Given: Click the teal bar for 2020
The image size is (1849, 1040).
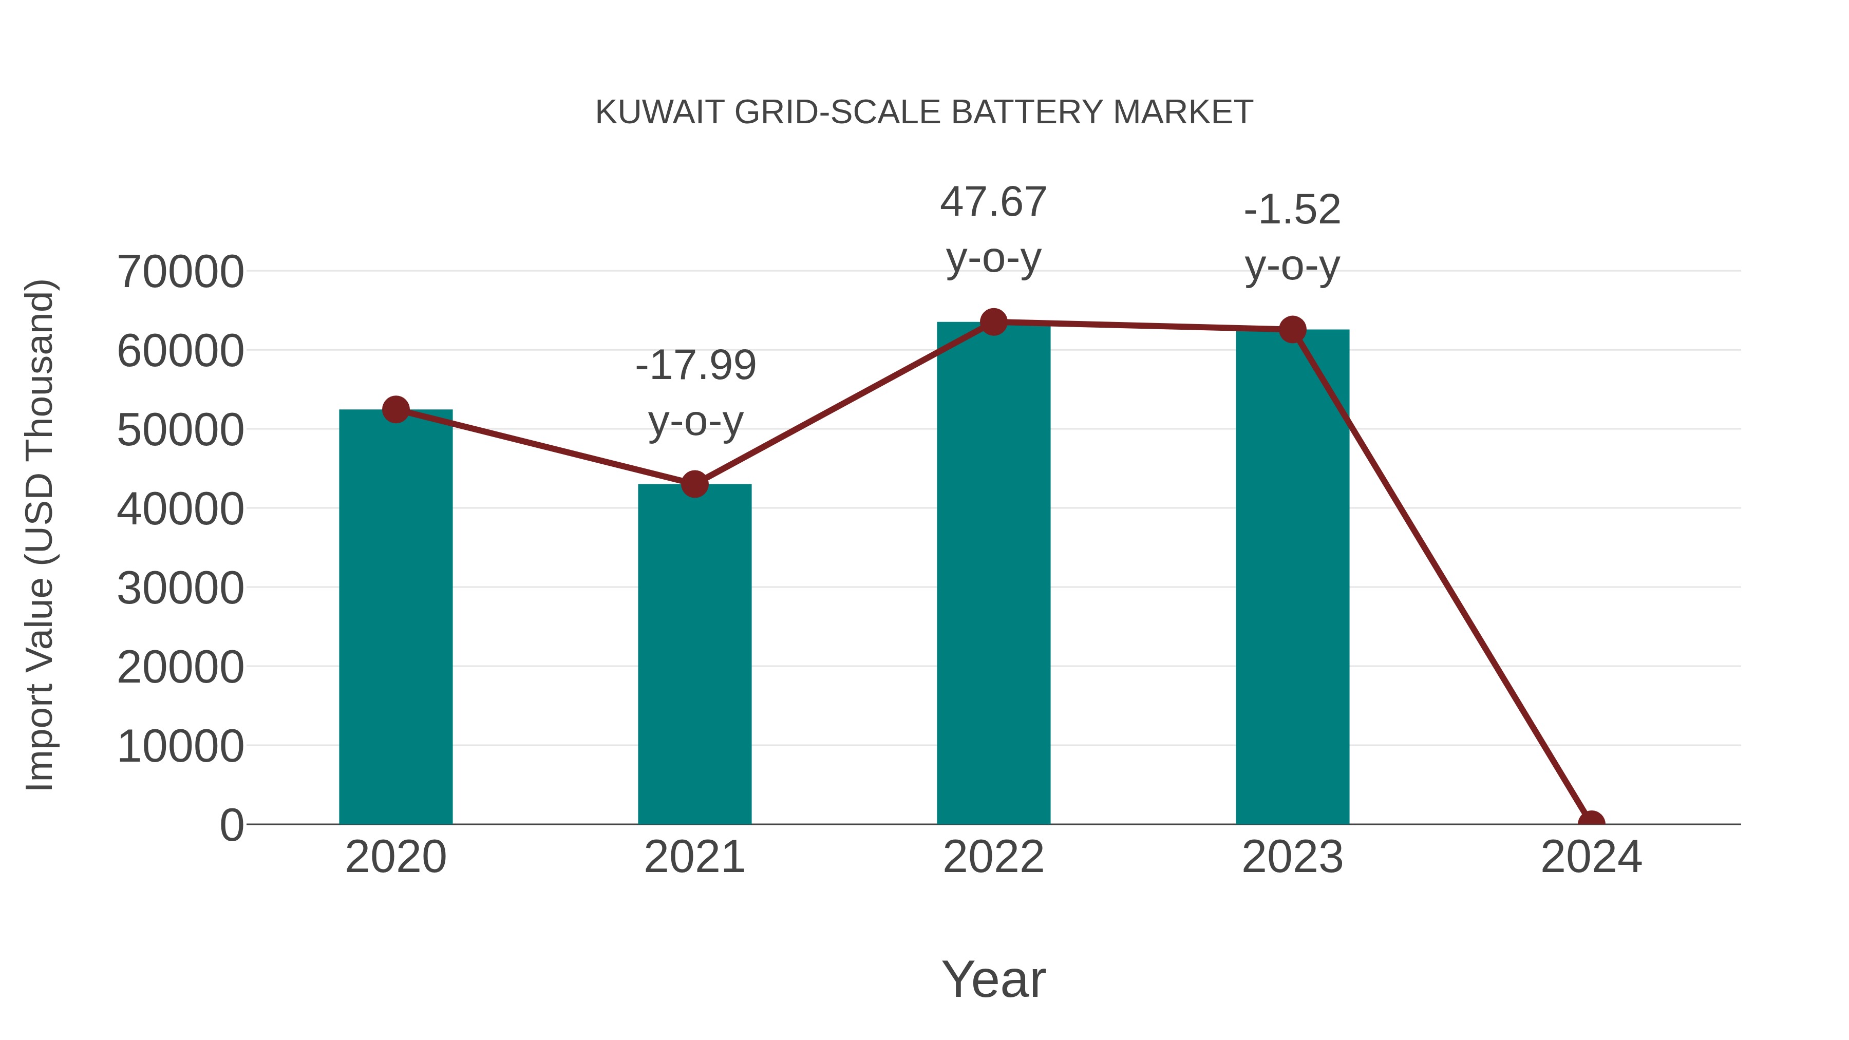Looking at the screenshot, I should pos(395,617).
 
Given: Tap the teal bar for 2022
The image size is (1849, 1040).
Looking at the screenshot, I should pos(993,574).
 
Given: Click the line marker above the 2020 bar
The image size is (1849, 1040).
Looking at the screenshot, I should pos(395,410).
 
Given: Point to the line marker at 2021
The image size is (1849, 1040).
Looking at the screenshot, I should pos(694,484).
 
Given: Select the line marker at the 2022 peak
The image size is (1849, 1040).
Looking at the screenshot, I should pos(993,322).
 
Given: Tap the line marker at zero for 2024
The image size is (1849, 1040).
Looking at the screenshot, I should pos(1591,823).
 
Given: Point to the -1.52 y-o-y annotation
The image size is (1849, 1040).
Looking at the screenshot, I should pos(1292,238).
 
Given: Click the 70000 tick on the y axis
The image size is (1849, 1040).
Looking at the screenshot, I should pos(180,272).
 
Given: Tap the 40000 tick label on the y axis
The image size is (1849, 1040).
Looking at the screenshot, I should pos(180,509).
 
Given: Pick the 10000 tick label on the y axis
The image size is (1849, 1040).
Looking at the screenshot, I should pos(180,746).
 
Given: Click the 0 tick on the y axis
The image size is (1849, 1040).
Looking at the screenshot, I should pos(232,825).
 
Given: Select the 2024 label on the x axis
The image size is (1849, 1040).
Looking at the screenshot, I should pos(1591,857).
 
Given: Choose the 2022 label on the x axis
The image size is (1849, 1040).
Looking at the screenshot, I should pos(993,857).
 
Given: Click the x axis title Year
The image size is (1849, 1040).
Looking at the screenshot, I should pos(993,979).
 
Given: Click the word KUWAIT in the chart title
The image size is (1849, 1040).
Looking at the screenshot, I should pos(659,112).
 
